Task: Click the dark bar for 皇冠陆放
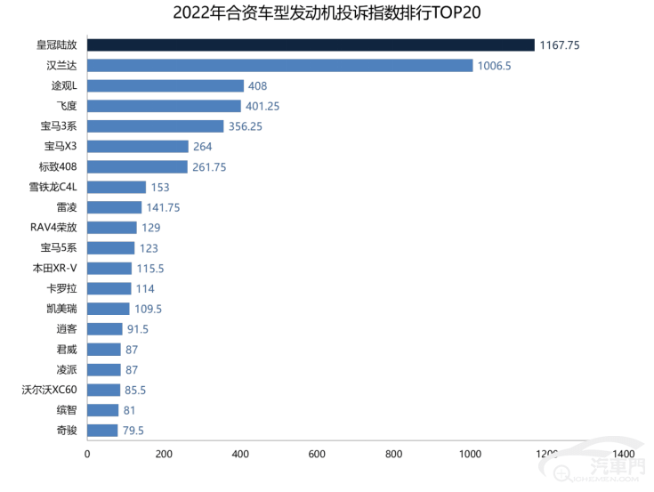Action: tap(311, 44)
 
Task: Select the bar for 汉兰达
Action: tap(279, 65)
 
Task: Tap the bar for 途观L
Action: tap(166, 85)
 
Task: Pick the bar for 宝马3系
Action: tap(156, 126)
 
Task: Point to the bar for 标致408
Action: tap(137, 167)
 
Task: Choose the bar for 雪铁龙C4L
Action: tap(117, 188)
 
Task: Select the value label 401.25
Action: tap(263, 106)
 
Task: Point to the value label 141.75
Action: tap(164, 207)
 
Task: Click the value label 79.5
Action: tap(133, 431)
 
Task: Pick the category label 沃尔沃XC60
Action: tap(55, 390)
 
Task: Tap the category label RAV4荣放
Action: tap(56, 228)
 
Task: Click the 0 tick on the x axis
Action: tap(87, 455)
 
